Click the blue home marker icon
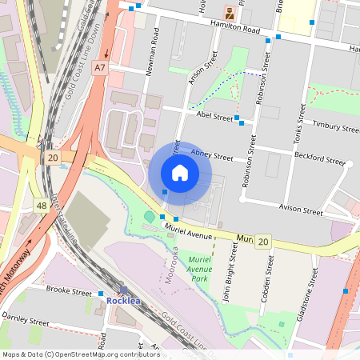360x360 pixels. tap(180, 173)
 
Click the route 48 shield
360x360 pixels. tap(41, 206)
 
